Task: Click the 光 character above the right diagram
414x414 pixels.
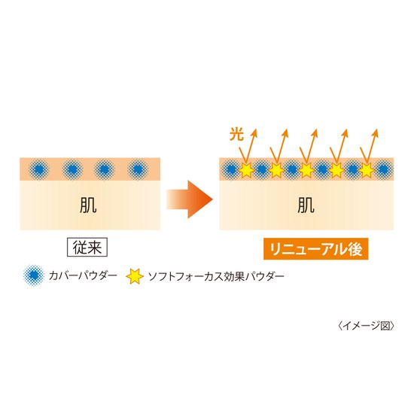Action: coord(236,134)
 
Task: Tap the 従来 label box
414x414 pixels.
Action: coord(87,247)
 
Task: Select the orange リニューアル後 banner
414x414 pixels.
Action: coord(316,249)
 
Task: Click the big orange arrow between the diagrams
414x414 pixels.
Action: coord(190,199)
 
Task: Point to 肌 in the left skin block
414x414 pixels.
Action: coord(88,205)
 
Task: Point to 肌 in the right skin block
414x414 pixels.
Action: coord(306,205)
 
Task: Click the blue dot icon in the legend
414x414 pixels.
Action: coord(34,275)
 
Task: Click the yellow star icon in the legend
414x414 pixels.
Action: coord(135,276)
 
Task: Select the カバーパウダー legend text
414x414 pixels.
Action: coord(83,276)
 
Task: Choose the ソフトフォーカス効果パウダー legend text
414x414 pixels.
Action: coord(216,276)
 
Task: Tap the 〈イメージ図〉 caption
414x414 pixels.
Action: coord(367,326)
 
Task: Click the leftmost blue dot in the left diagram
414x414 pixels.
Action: coord(39,169)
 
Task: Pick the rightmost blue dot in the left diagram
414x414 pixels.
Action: coord(138,169)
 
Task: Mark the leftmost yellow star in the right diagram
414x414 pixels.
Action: coord(246,170)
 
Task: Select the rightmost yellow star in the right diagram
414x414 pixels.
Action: coord(366,170)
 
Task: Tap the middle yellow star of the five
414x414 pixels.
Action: coord(306,170)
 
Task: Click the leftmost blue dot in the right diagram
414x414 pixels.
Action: coord(230,169)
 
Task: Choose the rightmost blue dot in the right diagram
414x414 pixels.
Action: coord(383,169)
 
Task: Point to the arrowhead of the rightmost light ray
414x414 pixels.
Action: coord(376,132)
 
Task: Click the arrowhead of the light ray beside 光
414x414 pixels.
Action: coord(254,132)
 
